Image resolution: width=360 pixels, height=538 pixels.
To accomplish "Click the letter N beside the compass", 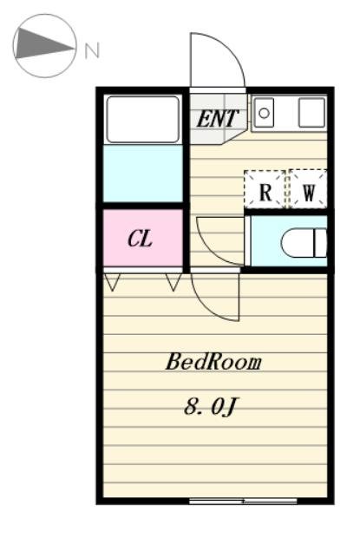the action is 92,50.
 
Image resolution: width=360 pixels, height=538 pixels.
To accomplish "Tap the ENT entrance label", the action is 217,119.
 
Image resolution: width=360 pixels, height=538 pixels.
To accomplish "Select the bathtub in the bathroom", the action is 142,120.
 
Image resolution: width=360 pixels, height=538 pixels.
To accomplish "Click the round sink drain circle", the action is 264,113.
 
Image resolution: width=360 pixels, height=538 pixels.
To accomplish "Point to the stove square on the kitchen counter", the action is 311,113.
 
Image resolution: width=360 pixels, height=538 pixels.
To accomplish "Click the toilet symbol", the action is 304,243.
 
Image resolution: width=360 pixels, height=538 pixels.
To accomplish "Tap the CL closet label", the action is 140,239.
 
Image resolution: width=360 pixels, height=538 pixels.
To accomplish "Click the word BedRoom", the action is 213,362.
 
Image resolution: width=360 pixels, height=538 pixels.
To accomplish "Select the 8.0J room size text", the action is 210,407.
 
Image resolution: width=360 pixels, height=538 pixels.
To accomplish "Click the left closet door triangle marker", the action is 112,282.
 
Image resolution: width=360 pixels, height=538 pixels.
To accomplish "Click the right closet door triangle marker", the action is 173,282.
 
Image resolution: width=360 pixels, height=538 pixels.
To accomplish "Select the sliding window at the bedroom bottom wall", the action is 243,502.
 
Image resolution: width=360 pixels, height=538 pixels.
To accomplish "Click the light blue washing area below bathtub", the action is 142,174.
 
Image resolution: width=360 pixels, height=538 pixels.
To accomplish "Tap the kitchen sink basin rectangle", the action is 264,113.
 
